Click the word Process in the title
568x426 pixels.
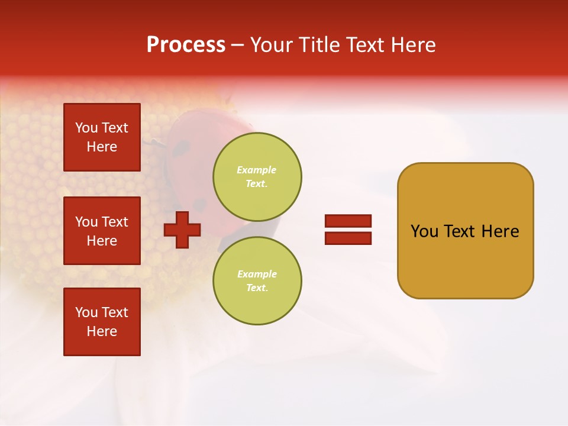point(186,45)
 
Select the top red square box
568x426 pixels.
point(102,137)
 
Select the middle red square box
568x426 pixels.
point(102,231)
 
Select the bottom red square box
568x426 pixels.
point(102,322)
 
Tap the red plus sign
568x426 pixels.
point(182,230)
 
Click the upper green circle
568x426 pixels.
point(257,176)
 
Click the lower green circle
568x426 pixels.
point(257,280)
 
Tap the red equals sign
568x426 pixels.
point(348,230)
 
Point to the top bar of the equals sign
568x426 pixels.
point(348,221)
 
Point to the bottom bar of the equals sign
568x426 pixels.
point(348,238)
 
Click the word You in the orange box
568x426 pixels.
point(425,231)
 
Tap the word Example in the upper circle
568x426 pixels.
point(256,170)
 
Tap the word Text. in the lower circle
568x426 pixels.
point(257,288)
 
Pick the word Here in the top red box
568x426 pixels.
point(102,147)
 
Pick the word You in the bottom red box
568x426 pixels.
point(86,312)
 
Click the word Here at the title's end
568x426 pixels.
point(413,45)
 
